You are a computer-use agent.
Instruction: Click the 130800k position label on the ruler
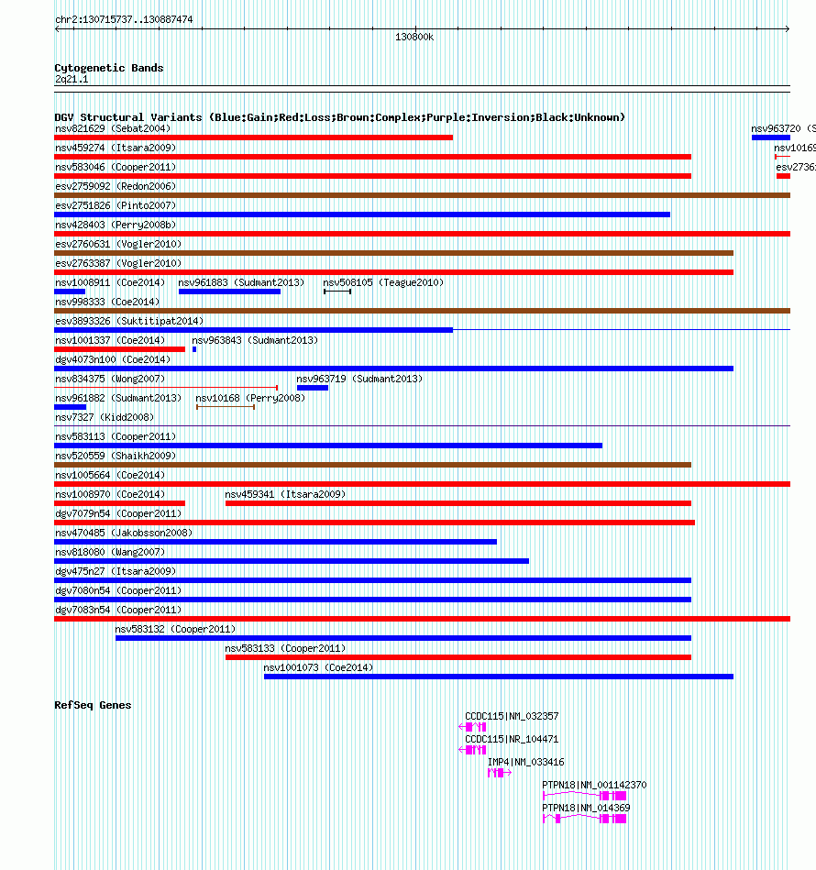tap(414, 38)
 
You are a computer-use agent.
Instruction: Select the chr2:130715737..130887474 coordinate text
tap(124, 19)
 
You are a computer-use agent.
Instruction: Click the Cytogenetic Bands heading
tap(109, 68)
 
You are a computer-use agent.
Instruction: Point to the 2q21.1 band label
tap(72, 80)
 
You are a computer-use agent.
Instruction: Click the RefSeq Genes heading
tap(93, 705)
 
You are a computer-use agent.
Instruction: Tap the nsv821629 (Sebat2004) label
tap(113, 128)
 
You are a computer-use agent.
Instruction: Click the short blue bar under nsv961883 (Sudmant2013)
tap(229, 292)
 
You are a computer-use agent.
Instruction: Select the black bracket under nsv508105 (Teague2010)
tap(337, 292)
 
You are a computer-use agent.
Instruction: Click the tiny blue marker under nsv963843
tap(194, 349)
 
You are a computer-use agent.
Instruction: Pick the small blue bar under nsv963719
tap(313, 388)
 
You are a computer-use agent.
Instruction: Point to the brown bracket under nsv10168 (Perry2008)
tap(226, 406)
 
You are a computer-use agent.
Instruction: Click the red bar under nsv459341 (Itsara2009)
tap(458, 503)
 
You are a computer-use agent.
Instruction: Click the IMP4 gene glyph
tap(498, 773)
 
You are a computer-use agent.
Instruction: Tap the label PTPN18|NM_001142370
tap(594, 785)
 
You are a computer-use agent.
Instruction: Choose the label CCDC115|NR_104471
tap(512, 739)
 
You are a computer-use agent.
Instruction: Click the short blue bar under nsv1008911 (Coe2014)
tap(70, 292)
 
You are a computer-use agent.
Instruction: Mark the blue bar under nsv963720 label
tap(770, 138)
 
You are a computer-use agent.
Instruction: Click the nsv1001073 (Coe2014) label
tap(318, 667)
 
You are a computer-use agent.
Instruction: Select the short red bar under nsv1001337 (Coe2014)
tap(119, 349)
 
